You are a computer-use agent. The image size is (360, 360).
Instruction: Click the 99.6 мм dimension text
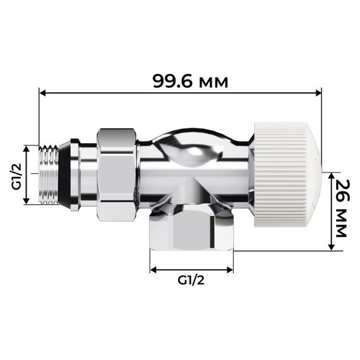(x=190, y=81)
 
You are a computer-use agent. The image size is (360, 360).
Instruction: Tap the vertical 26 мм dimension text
(x=341, y=208)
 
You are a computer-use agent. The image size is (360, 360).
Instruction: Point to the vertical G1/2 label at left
(x=15, y=175)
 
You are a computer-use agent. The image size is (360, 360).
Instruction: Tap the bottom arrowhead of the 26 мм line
(x=330, y=248)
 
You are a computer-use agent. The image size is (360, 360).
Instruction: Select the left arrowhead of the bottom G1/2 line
(x=152, y=271)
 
